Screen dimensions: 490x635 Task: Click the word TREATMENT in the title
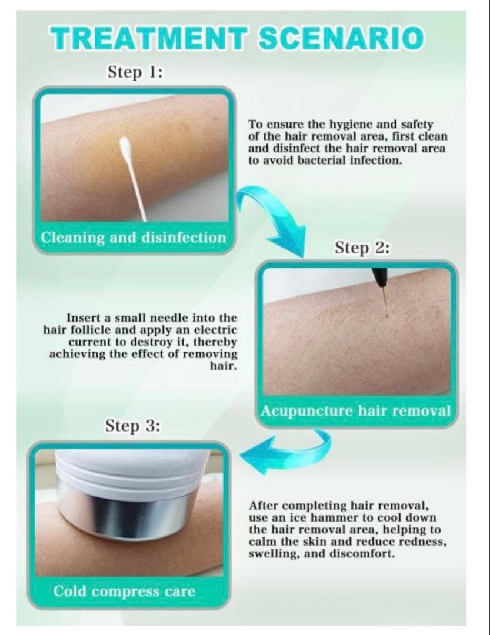(x=148, y=38)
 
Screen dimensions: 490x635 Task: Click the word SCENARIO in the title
(x=341, y=38)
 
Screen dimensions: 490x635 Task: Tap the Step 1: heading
(x=135, y=72)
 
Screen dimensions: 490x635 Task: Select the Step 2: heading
(x=362, y=248)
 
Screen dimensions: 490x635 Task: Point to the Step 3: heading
(x=133, y=426)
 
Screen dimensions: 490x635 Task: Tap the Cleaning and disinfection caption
(x=134, y=237)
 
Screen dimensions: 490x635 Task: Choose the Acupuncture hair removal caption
(x=355, y=410)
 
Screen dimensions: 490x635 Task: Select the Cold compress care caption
(x=124, y=591)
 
